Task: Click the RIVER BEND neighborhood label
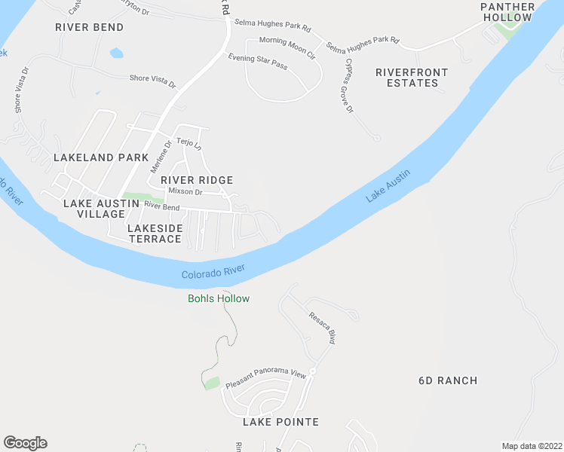click(89, 27)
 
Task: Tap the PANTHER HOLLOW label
click(507, 12)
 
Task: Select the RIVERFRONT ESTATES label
click(412, 78)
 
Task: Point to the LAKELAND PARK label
click(101, 157)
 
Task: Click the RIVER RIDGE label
click(196, 180)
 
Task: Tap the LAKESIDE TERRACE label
click(155, 233)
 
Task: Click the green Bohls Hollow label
click(218, 298)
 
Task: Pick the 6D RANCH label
click(448, 380)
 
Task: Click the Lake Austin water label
click(388, 186)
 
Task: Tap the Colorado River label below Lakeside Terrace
click(213, 272)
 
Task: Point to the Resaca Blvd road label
click(321, 328)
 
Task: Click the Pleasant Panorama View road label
click(265, 378)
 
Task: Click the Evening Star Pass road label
click(258, 62)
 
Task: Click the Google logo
click(25, 443)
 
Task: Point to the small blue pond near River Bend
click(115, 53)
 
